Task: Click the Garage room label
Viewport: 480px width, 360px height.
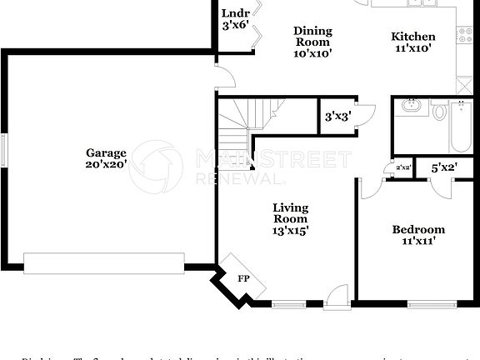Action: pyautogui.click(x=106, y=152)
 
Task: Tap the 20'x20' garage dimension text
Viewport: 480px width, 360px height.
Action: pyautogui.click(x=106, y=164)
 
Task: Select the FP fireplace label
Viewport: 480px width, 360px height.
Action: pyautogui.click(x=244, y=278)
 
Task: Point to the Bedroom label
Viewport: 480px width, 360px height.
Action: pyautogui.click(x=418, y=229)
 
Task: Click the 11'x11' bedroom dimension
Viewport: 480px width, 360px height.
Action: pyautogui.click(x=418, y=241)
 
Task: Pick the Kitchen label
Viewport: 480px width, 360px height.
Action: pyautogui.click(x=413, y=37)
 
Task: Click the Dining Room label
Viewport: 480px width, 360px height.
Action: pyautogui.click(x=312, y=37)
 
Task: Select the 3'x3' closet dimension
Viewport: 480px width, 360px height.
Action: pyautogui.click(x=337, y=117)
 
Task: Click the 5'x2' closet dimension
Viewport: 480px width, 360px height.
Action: pyautogui.click(x=444, y=168)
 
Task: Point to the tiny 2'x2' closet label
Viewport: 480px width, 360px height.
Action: pyautogui.click(x=403, y=168)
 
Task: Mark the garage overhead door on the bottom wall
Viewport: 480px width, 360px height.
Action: pyautogui.click(x=103, y=263)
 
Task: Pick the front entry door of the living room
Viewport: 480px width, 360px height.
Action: pyautogui.click(x=337, y=294)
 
